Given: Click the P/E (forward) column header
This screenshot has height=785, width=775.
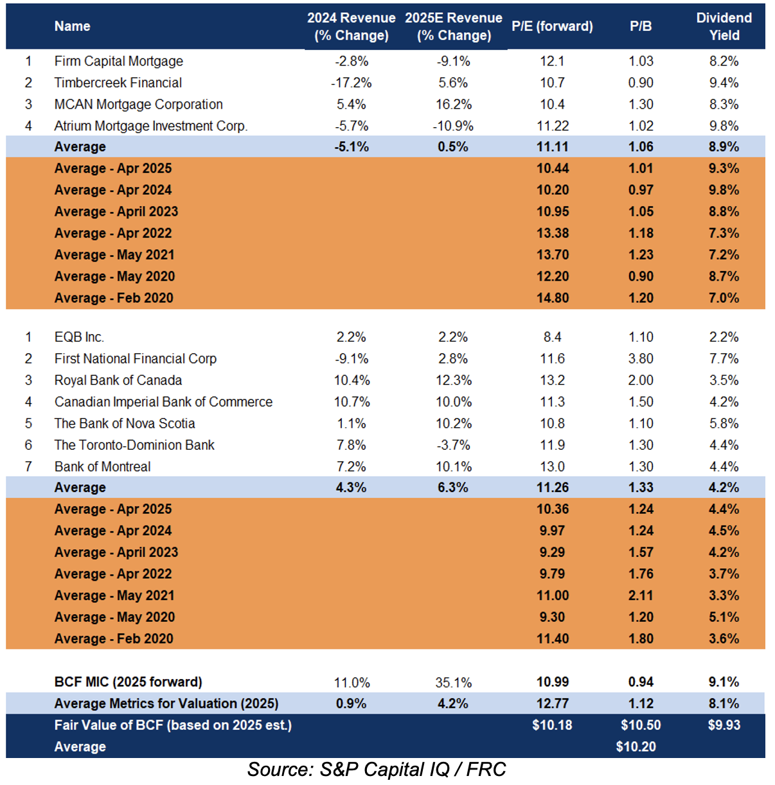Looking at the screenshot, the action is coord(552,26).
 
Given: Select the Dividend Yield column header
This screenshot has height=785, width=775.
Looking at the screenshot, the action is coord(724,26).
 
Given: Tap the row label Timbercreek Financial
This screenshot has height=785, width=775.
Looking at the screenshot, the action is coord(118,83).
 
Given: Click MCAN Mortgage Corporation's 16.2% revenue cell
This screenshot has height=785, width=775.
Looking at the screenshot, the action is coord(453,104).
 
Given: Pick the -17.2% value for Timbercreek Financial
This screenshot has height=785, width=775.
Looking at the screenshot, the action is coord(351,83).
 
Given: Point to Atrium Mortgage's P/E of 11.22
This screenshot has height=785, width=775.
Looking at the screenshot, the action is coord(553,126).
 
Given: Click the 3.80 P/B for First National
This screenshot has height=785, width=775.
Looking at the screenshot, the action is coord(641,358).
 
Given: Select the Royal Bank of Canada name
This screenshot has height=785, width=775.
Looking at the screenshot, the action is coord(118,380).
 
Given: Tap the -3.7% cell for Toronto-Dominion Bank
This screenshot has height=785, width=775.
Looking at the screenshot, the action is coord(453,445).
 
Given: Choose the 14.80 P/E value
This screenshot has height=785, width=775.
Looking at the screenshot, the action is coord(553,298).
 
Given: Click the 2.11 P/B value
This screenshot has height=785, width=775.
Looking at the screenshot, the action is coord(641,595).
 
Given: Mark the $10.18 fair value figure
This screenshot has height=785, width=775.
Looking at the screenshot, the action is coord(552,725).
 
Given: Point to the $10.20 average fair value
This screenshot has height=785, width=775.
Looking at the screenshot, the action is coord(636,746).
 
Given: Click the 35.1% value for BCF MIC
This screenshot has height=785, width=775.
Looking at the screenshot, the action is coord(453,682).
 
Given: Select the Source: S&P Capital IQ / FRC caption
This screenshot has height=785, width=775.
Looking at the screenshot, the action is coord(377,770).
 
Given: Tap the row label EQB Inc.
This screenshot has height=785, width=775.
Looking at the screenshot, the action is coord(79,337).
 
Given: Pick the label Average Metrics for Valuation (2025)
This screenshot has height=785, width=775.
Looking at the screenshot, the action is coord(166,703).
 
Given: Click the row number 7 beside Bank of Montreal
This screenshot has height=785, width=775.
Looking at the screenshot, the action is coord(28,466).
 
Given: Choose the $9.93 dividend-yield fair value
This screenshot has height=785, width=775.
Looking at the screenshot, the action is coord(724,725).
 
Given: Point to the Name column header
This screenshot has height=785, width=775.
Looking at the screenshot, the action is coord(72,26).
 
